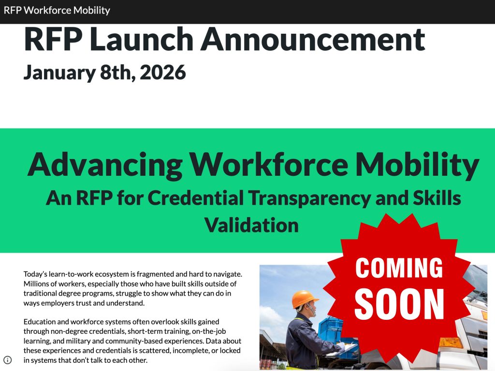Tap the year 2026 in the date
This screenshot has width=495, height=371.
[x=163, y=72]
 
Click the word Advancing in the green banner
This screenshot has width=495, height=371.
[x=104, y=164]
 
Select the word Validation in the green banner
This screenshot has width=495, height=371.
[x=251, y=225]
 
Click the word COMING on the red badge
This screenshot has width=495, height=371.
[x=399, y=267]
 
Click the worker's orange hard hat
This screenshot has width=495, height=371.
[x=304, y=299]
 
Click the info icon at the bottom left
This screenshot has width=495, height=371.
[x=8, y=359]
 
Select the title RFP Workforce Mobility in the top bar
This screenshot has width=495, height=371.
[x=57, y=10]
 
